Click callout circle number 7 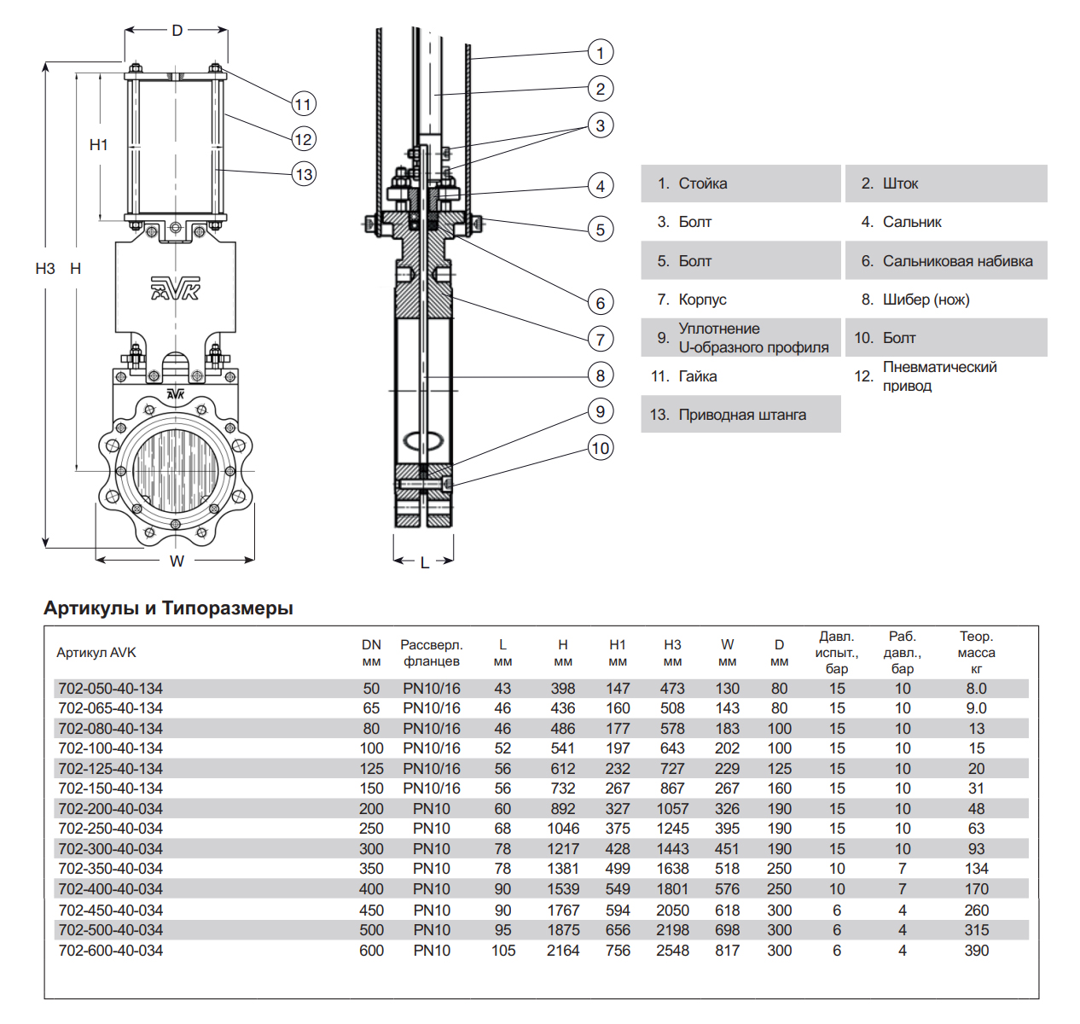coord(601,339)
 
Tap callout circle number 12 coord(304,139)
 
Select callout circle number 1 coord(601,53)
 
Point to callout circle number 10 coord(601,448)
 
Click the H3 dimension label coord(45,269)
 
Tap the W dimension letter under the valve coord(177,561)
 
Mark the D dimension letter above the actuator coord(177,31)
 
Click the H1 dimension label coord(99,145)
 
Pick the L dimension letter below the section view coord(424,562)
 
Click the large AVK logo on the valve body coord(175,288)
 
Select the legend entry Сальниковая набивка coord(957,261)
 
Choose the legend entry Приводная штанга coord(741,415)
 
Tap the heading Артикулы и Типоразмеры coord(168,608)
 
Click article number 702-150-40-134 coord(110,788)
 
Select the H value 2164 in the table coord(563,951)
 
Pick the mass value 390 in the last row coord(976,951)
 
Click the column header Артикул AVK coord(96,653)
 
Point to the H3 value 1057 coord(672,809)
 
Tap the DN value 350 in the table coord(371,869)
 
